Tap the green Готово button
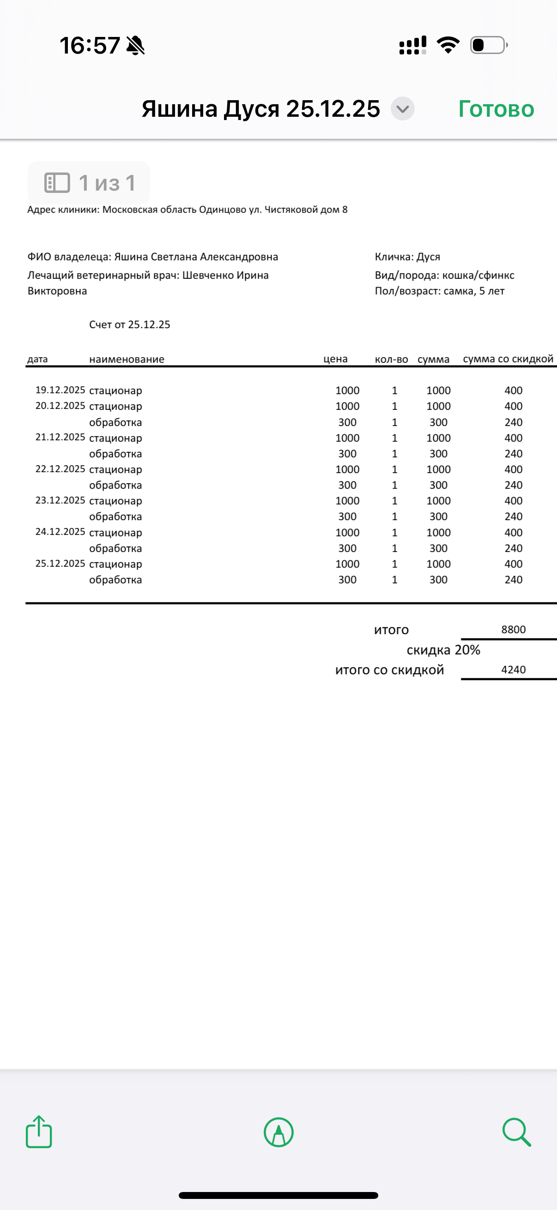496,109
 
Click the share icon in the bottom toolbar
39,1132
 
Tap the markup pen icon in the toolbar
279,1132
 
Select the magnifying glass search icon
516,1132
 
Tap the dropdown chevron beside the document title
403,109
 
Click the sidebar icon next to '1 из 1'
57,183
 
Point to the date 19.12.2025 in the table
60,390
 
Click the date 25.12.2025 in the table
60,563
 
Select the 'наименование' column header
127,359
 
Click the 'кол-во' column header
391,359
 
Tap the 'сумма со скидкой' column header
508,359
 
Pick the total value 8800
513,629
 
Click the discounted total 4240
513,670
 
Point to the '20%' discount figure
468,650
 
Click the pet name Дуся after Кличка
428,257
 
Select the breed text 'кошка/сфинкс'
478,275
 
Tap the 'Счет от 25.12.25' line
130,324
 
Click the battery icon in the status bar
488,45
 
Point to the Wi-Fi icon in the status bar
448,45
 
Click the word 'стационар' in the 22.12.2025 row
115,469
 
